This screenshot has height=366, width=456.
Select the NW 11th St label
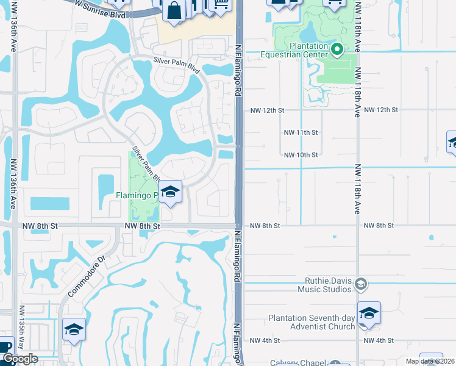(x=301, y=132)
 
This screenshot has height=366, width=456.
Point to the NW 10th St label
(x=301, y=155)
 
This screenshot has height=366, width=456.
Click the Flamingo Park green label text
(x=137, y=196)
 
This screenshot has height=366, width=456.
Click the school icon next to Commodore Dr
(x=74, y=329)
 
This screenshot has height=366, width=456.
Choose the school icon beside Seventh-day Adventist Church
(x=369, y=313)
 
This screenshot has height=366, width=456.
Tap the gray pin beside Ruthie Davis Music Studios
(x=360, y=284)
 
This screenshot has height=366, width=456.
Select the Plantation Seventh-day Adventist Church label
(x=312, y=323)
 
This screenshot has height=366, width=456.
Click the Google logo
(x=19, y=359)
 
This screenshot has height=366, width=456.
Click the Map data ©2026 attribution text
(x=429, y=361)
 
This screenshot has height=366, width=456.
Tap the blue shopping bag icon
(x=174, y=11)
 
